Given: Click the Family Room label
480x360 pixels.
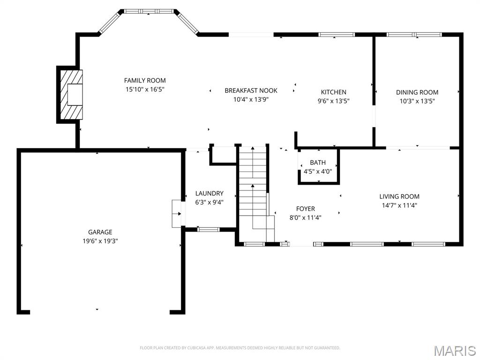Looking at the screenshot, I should [x=145, y=80].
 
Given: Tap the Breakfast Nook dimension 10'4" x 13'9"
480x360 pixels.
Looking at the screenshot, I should [x=251, y=99].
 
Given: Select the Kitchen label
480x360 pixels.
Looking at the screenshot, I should [x=333, y=92].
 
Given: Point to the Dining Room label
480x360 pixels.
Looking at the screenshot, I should [x=417, y=92].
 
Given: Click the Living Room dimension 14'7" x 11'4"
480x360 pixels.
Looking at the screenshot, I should [x=399, y=205].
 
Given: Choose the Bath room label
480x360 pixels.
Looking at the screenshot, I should [x=317, y=163].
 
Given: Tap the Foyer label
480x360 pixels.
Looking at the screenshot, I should [x=305, y=209].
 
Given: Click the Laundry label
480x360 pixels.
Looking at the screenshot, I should [x=209, y=193].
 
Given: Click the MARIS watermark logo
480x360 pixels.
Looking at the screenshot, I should [x=454, y=350].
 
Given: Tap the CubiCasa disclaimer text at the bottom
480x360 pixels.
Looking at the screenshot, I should [x=240, y=348].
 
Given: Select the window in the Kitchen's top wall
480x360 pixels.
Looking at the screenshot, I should [x=337, y=34].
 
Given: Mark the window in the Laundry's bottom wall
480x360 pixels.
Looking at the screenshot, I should [x=208, y=229].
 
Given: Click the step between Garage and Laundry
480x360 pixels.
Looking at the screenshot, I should [x=176, y=214].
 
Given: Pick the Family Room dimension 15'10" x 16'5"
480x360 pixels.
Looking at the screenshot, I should [x=145, y=89].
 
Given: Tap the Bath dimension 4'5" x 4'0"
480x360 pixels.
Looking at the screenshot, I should [x=317, y=171].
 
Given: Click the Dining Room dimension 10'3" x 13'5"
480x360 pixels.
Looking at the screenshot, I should [x=417, y=100].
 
